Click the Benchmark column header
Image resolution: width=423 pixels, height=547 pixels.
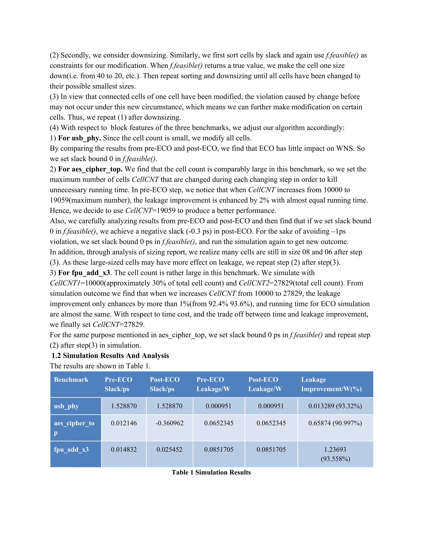click(x=71, y=380)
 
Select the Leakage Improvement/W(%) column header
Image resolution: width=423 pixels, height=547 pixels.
click(x=331, y=384)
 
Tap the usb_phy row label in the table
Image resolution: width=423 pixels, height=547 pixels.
click(x=67, y=406)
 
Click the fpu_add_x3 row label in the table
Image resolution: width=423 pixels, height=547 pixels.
click(x=71, y=450)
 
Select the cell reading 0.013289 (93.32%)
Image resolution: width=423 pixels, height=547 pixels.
click(x=335, y=406)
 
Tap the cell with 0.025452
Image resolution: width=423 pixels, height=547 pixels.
click(x=169, y=450)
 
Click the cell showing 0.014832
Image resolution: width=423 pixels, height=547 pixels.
click(x=124, y=450)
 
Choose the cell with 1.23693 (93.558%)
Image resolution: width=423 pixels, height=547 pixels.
click(x=335, y=454)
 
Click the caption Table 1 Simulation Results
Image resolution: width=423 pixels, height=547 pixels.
click(x=211, y=472)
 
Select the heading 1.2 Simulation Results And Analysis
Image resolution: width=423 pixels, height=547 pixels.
click(x=110, y=356)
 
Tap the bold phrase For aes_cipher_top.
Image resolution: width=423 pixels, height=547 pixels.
click(x=90, y=169)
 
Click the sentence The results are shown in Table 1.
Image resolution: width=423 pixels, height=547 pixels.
click(x=100, y=366)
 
